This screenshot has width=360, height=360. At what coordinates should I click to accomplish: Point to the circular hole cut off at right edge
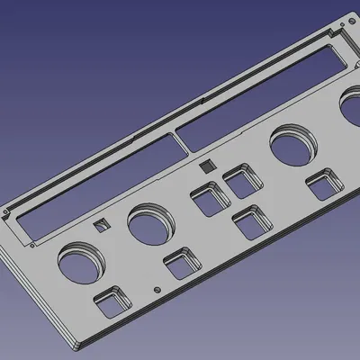click(352, 112)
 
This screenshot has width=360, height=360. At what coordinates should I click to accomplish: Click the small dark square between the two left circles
click(101, 225)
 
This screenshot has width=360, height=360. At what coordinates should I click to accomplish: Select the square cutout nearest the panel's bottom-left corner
click(112, 302)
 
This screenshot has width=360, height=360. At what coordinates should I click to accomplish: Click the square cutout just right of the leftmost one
click(182, 265)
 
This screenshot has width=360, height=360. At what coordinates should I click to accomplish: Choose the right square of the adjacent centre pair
click(241, 180)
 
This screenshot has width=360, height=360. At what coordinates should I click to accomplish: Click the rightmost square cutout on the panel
click(322, 185)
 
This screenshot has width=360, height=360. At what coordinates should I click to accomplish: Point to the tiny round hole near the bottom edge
click(158, 290)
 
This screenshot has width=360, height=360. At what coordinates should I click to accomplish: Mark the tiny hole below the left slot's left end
click(33, 243)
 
